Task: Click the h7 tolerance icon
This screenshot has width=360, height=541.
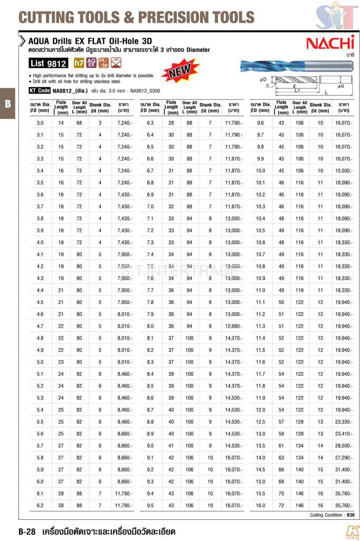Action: pos(78,63)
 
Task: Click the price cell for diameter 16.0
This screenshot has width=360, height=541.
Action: pos(343,505)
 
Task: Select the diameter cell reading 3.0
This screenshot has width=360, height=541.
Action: pos(40,123)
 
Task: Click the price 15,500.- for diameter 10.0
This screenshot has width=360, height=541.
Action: pos(343,171)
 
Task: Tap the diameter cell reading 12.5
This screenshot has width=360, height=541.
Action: pos(260,422)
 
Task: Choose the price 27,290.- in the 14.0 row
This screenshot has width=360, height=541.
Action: pos(343,458)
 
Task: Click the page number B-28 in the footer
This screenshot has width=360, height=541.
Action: pos(26,531)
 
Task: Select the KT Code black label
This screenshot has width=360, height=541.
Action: pos(40,90)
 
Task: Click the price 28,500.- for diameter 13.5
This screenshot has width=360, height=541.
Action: pos(343,445)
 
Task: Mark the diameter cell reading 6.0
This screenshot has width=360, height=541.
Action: pos(40,481)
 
